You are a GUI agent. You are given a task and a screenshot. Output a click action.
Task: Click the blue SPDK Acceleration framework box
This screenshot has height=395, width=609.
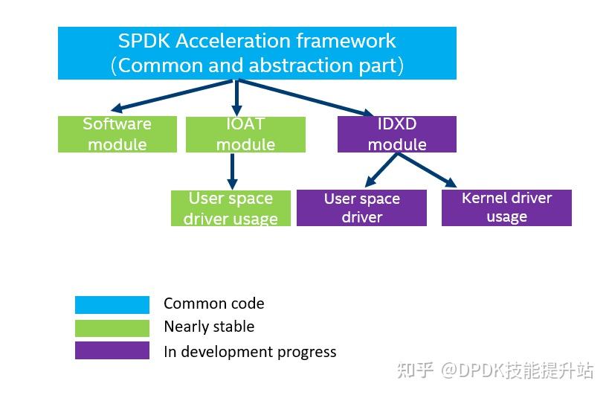(257, 53)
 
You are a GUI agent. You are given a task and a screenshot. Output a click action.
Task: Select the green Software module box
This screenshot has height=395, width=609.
(117, 134)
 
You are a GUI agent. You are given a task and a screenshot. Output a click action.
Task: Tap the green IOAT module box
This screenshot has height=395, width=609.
(245, 134)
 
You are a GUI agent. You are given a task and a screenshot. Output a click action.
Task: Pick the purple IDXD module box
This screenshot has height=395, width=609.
(397, 134)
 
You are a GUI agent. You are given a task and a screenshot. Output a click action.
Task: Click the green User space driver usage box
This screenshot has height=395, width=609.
(231, 208)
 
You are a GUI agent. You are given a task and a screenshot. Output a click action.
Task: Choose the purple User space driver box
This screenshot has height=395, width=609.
(361, 208)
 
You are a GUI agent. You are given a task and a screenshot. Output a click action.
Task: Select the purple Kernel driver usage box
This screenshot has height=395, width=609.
(506, 208)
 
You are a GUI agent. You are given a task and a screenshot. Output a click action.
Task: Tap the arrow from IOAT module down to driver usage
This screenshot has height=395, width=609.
(232, 171)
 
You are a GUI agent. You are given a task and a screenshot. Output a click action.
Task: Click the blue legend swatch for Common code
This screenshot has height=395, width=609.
(112, 304)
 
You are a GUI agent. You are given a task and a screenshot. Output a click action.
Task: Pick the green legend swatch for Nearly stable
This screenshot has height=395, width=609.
(112, 327)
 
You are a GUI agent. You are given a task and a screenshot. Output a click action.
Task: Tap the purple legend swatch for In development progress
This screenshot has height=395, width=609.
(112, 350)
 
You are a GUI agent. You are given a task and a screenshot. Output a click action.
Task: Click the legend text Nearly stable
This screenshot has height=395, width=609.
(209, 327)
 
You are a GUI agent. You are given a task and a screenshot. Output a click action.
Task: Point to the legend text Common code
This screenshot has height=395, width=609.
(213, 304)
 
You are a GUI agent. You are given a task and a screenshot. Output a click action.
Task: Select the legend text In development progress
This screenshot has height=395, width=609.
(250, 351)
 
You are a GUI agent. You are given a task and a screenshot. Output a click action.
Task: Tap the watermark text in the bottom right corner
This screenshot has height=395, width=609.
(495, 370)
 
